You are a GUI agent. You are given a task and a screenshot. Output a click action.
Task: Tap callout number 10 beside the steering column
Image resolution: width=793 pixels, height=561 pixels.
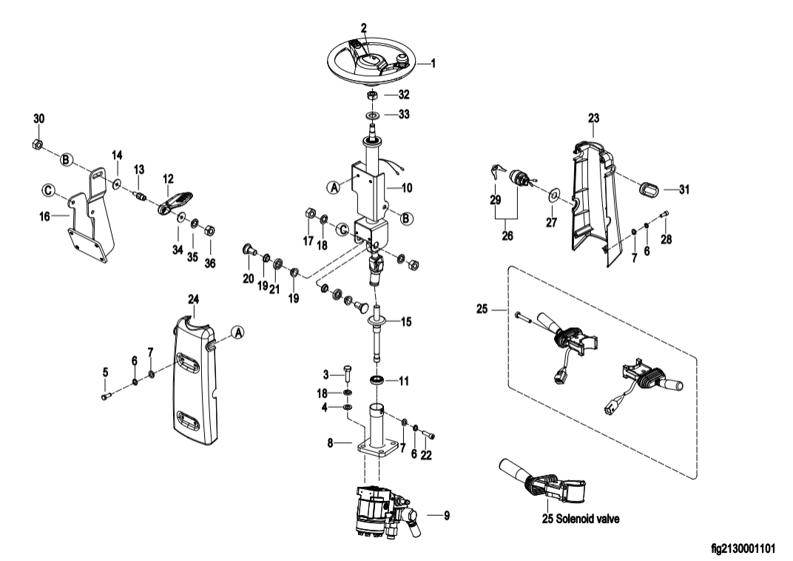(407, 189)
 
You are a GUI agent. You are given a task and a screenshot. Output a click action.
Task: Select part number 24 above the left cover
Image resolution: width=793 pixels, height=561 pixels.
(194, 298)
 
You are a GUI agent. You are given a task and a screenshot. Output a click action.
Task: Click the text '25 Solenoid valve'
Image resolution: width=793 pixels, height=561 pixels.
(580, 519)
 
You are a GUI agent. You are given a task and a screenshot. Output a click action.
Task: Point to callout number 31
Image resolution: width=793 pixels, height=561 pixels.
(684, 190)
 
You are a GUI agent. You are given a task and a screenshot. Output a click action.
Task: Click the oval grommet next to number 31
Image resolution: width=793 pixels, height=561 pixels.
(649, 190)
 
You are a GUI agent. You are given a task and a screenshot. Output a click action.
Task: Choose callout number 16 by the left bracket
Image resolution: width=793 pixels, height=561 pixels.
(44, 216)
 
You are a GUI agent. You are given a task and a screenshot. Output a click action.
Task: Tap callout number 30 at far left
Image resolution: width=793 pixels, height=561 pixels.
(39, 120)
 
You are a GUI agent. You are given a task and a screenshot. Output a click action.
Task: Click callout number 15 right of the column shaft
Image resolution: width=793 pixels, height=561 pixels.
(405, 322)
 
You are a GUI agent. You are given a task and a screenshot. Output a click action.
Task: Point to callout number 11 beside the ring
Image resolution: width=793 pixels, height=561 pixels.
(403, 381)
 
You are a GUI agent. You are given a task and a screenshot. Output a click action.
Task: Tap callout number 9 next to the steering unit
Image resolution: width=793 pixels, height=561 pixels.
(445, 513)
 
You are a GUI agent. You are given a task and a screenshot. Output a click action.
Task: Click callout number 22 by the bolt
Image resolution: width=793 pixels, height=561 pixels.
(426, 455)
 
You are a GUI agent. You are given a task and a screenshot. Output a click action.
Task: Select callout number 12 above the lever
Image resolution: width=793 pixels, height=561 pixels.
(169, 178)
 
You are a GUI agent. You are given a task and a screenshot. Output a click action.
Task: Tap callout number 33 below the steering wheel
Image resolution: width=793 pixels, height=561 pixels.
(404, 115)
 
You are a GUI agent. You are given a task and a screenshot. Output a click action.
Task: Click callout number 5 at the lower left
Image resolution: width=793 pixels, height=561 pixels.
(105, 370)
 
